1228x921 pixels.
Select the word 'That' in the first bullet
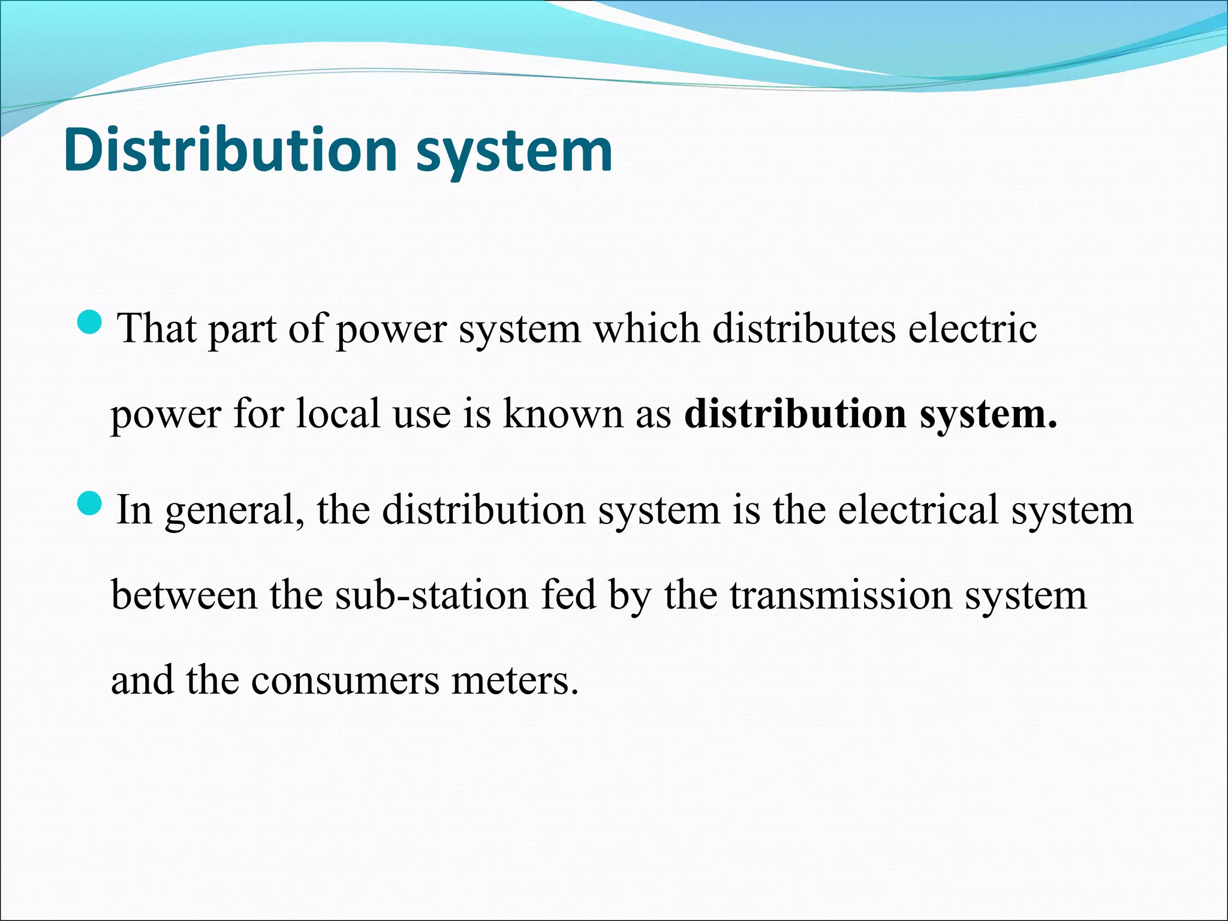(x=157, y=329)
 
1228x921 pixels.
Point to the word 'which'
(x=646, y=329)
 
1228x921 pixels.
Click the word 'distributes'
(x=803, y=329)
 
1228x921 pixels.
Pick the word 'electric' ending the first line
(x=972, y=329)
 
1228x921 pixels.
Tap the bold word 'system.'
(x=988, y=415)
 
